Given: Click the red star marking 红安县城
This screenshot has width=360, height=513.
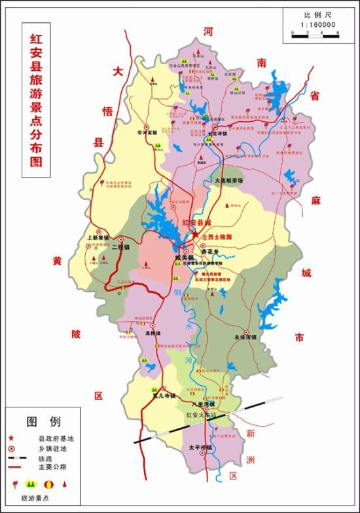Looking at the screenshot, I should pos(194,234).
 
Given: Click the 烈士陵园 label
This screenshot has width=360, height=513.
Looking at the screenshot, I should pos(219,236).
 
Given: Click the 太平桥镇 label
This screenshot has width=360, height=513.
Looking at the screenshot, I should pos(192,447).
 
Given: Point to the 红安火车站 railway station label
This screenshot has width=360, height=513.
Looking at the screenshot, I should pos(201,415).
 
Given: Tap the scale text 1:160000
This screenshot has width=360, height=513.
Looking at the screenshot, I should pos(319,24).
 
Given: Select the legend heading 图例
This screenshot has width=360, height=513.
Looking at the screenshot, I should pos(44,421).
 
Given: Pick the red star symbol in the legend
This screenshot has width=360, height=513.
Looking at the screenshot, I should pos(12,438).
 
